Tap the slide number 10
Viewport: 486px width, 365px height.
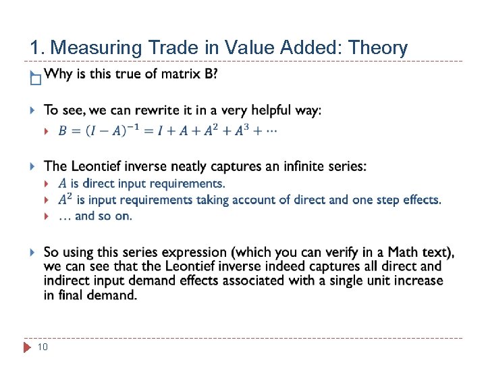(x=42, y=347)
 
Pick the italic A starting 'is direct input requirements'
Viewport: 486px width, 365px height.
(x=62, y=183)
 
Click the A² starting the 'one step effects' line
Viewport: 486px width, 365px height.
(x=65, y=199)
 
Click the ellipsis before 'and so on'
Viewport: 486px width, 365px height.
(x=65, y=216)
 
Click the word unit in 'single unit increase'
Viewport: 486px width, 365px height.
(x=366, y=281)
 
